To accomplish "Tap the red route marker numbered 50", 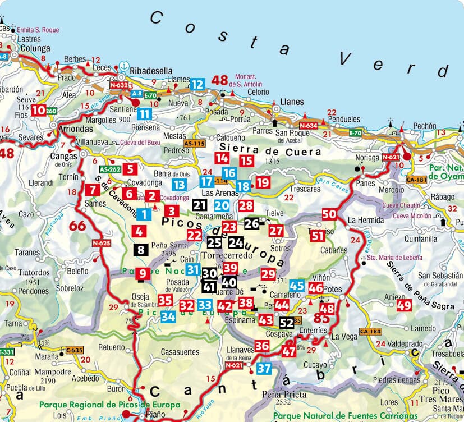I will coord(329,214).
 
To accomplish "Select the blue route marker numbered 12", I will coord(196,85).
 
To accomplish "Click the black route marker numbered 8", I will coord(141,250).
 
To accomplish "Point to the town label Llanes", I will coord(291,102).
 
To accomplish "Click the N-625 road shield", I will coord(102,243).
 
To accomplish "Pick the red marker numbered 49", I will coord(403,305).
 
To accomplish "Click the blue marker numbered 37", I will coord(264,369).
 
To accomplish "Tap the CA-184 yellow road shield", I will coord(371,331).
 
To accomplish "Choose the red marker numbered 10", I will coord(38,111).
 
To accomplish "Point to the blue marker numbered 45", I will coord(297,286).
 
